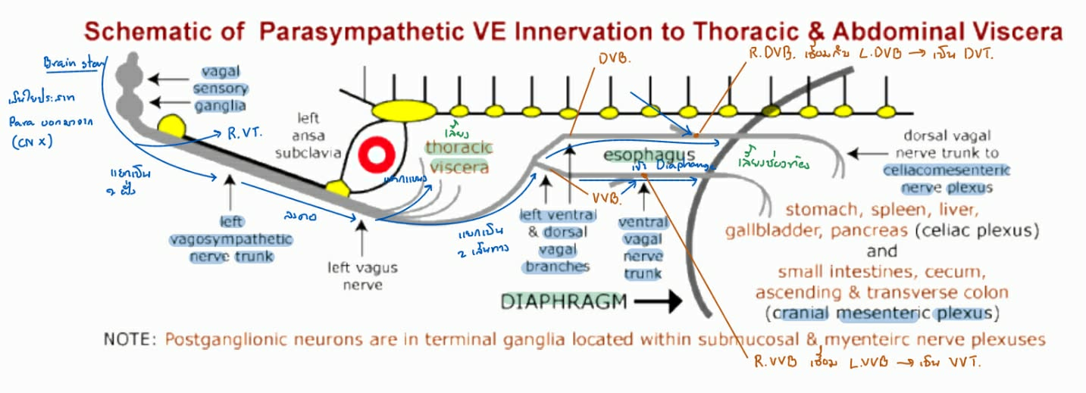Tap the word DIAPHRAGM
tap(564, 301)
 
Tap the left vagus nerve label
tap(362, 276)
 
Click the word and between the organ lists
tap(882, 251)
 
